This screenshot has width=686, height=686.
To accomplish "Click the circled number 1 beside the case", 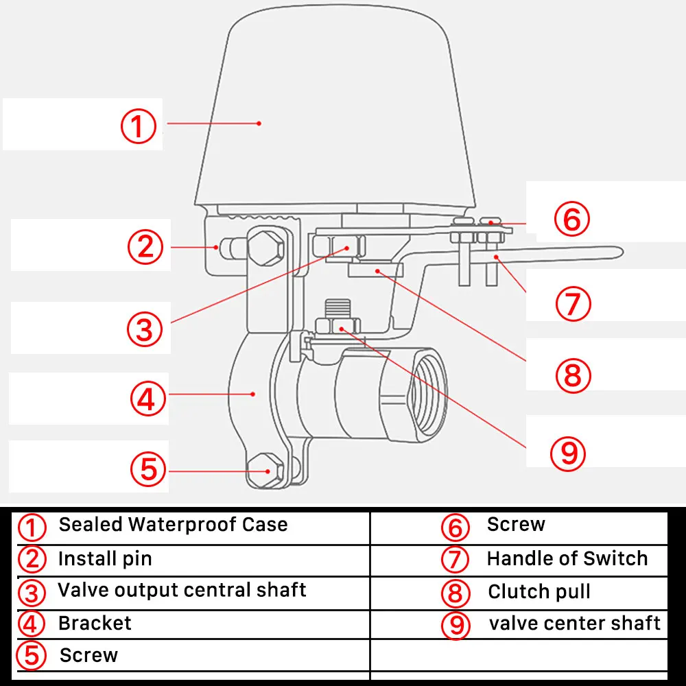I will pos(139,126).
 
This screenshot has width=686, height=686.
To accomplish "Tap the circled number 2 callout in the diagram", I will pos(146,246).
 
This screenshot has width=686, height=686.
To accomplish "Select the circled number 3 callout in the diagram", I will pos(144,329).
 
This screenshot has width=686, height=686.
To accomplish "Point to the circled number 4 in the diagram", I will pos(148,399).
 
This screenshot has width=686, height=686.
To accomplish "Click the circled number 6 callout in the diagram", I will pos(571,220).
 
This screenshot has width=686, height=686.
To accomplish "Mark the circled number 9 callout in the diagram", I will pos(569,453).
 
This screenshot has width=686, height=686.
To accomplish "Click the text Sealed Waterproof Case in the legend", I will pos(173,525).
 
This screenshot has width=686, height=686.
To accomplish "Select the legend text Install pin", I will pos(105,558).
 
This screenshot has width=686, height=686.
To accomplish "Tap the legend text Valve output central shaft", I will pos(182,590).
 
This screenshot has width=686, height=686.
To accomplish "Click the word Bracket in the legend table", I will pos(95,623).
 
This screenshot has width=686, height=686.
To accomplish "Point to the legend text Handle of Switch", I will pos(567,558).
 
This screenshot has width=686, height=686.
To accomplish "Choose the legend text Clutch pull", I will pos(539,591).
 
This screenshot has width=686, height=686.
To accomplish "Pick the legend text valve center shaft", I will pos(575,623).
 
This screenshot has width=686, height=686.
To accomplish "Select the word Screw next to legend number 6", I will pos(516,525).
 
